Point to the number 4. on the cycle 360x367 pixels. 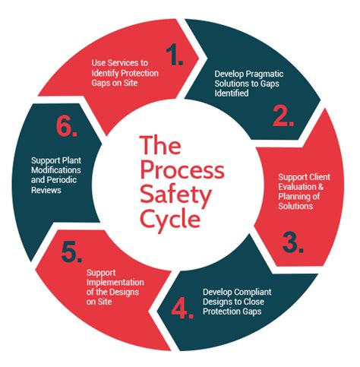point(180,308)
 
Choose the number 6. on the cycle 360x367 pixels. point(67,128)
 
